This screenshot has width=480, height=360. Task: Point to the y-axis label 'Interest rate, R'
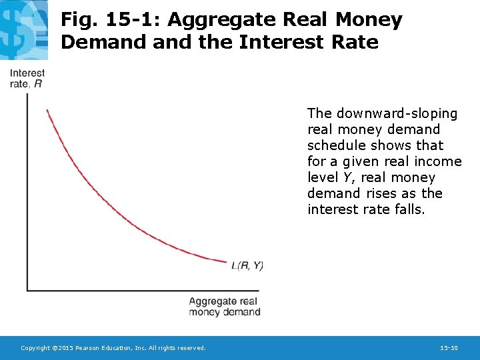(x=27, y=78)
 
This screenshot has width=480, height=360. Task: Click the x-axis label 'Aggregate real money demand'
(x=224, y=307)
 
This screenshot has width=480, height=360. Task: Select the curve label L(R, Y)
(x=247, y=265)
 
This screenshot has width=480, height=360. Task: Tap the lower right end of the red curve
(x=227, y=261)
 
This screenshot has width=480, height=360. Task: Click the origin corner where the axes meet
(x=27, y=290)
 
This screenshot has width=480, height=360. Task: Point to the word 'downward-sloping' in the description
(x=397, y=113)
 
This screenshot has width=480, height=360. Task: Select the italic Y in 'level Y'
(x=347, y=177)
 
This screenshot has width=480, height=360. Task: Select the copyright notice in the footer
(x=113, y=348)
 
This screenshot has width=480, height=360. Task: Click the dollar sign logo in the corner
(x=23, y=30)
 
